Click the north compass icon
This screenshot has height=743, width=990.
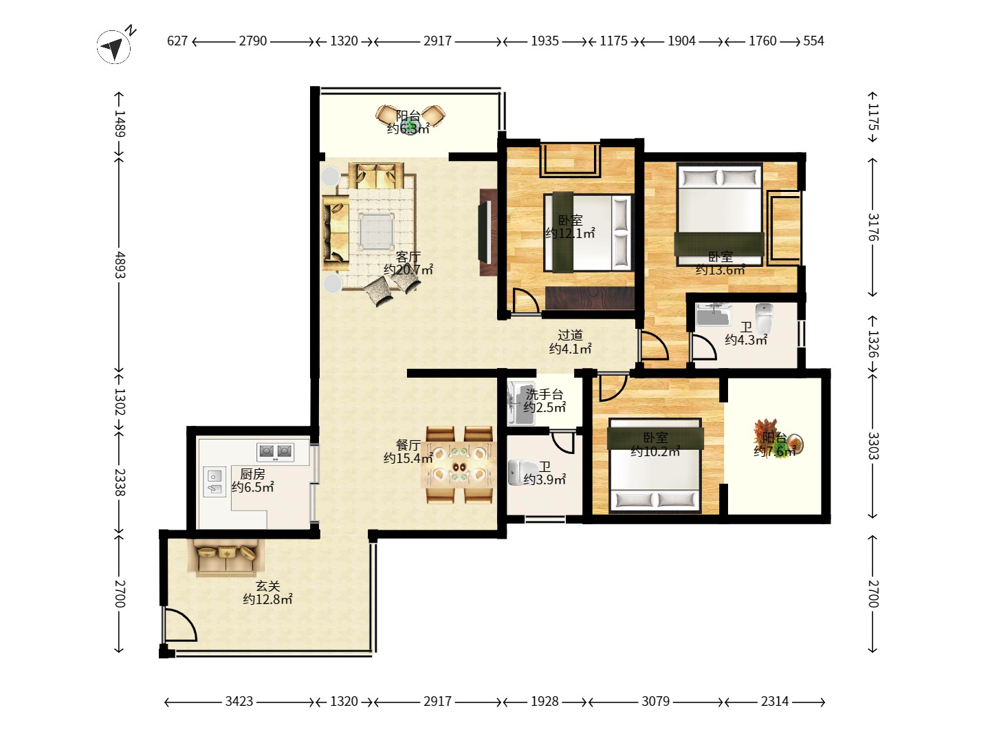(113, 46)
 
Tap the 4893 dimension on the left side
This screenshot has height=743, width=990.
(120, 265)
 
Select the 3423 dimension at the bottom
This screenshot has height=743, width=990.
(239, 701)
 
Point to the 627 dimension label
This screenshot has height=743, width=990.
(177, 41)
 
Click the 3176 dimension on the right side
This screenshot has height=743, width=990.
(873, 227)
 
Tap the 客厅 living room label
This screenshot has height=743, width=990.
(408, 257)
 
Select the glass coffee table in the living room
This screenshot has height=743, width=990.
(376, 231)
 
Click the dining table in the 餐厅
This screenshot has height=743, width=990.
(459, 464)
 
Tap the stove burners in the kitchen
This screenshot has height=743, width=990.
(275, 451)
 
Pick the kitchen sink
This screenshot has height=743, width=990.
(214, 482)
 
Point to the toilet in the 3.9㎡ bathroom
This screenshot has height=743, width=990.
(519, 473)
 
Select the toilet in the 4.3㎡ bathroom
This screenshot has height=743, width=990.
(764, 317)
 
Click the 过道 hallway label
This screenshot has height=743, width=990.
(570, 335)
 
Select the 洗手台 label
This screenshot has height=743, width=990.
(544, 395)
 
